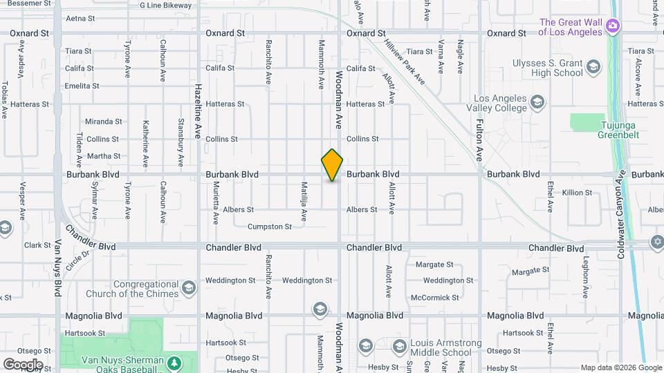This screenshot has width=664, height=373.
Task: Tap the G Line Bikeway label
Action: pos(165,6)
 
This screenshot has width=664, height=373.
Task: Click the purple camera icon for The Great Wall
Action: pos(612,26)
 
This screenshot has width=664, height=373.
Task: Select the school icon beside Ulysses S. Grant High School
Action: pos(593,67)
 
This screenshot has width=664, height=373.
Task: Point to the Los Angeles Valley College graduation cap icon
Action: pos(537,104)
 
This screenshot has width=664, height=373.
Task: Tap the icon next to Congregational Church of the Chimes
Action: pos(189,288)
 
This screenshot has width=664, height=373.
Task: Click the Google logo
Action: pos(23,364)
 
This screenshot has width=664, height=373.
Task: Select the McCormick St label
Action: pos(434,298)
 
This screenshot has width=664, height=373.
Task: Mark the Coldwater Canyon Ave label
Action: pos(620,215)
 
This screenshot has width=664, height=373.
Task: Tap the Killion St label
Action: pos(577,193)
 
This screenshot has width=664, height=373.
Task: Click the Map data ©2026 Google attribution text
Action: pos(620,367)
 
